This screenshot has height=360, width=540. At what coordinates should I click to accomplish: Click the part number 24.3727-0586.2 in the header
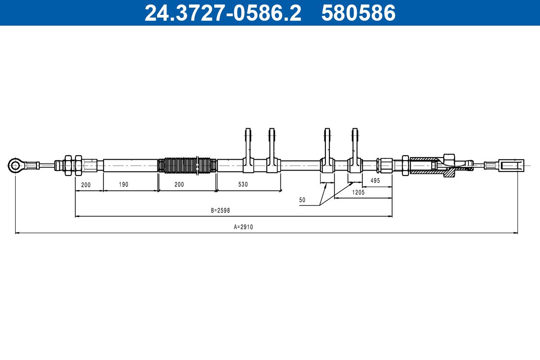click(223, 13)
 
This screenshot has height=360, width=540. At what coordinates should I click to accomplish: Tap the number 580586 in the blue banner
click(359, 13)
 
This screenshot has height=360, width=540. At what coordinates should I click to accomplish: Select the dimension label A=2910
click(243, 227)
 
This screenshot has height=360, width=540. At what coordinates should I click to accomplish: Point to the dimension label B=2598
click(220, 211)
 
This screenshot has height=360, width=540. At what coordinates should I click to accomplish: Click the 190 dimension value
click(123, 184)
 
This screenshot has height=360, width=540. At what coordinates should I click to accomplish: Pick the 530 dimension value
click(243, 184)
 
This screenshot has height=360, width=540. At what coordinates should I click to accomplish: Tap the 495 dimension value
click(375, 180)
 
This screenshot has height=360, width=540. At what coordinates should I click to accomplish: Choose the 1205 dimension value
click(358, 192)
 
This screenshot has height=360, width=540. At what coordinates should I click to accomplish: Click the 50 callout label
click(302, 200)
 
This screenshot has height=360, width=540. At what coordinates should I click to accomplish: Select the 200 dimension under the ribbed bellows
click(179, 184)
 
